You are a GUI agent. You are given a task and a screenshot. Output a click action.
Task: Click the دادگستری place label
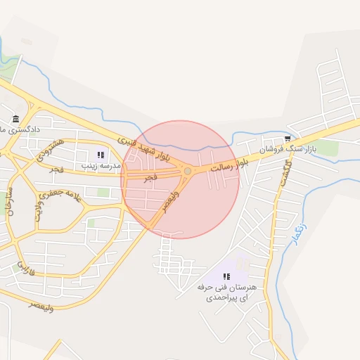pos(20,130)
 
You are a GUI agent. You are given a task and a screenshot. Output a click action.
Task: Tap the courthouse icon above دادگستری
pos(16,119)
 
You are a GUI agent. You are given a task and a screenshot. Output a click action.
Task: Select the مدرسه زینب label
pos(101,165)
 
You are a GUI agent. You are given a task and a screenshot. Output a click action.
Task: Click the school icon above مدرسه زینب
pos(101,155)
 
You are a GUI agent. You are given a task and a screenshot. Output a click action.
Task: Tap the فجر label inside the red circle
pos(150,179)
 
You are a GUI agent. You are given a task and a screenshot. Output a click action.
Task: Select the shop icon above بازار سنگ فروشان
pos(287,138)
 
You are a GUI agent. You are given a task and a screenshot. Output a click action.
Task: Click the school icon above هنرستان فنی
pos(226,277)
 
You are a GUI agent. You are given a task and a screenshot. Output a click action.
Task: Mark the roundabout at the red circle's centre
pos(187,171)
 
